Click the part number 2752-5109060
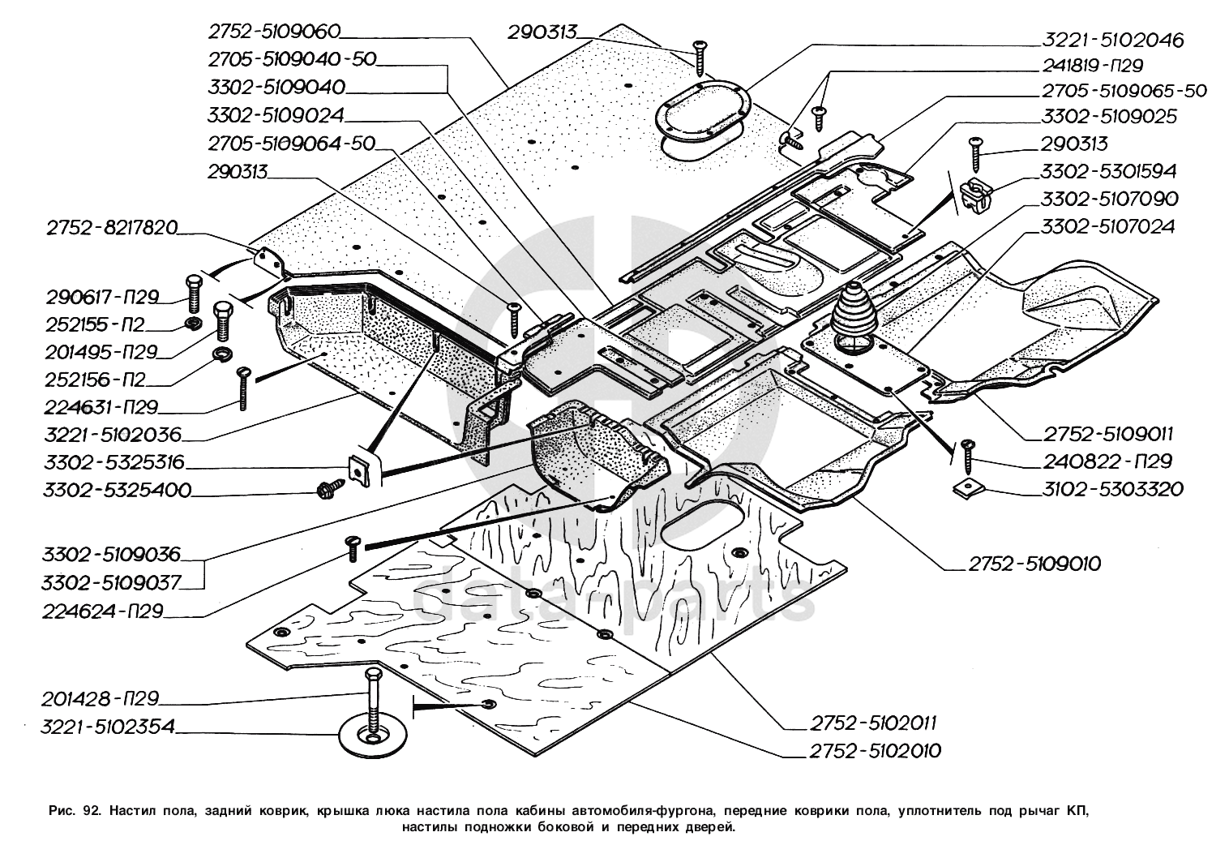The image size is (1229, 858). coord(273,32)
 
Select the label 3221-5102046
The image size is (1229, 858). coord(1103,39)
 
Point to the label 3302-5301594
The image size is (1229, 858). coord(1109,172)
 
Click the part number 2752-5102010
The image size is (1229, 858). coord(875,751)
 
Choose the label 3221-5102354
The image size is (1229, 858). coord(108,727)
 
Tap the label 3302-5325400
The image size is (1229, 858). coord(118,490)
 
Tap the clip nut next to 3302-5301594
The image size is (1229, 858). coord(974,195)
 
